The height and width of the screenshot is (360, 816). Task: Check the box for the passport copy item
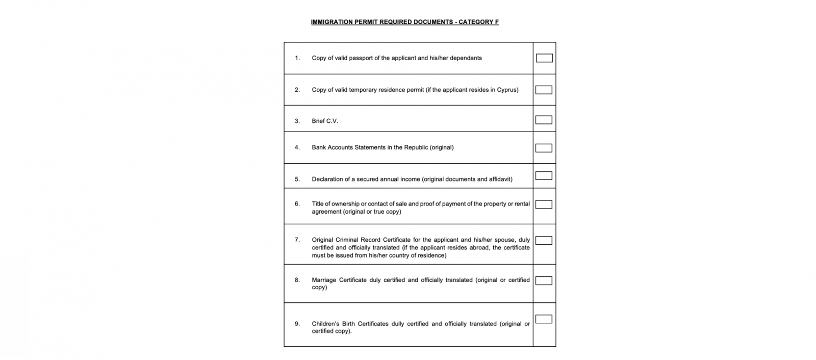pos(544,58)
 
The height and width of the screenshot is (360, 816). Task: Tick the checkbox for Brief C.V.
pos(544,120)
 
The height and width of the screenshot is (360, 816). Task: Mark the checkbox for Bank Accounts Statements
pos(544,148)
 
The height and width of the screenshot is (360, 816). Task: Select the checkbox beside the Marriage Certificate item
pos(544,280)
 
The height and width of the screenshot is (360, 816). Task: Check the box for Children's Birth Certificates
pos(544,319)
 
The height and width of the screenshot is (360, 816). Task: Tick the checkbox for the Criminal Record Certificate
pos(544,240)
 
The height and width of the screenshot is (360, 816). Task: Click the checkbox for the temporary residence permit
pos(544,90)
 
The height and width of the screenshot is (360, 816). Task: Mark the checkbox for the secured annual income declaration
pos(544,175)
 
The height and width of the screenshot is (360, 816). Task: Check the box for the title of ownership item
pos(544,204)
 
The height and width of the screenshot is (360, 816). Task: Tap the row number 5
pos(297,179)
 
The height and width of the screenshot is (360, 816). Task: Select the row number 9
pos(297,323)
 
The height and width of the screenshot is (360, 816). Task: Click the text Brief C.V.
pos(325,121)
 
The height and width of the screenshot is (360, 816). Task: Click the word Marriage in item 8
pos(324,280)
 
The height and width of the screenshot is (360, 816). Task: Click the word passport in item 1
pos(361,58)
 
